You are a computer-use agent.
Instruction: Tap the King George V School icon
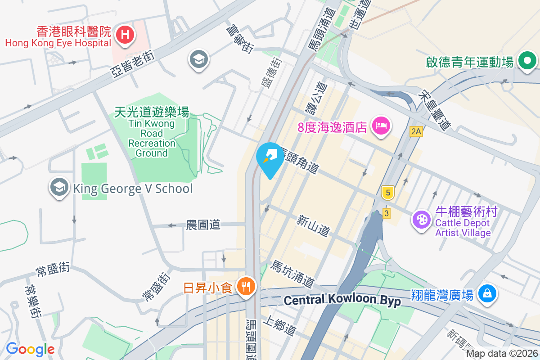(x=59, y=188)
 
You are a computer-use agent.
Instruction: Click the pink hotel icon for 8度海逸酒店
(x=381, y=126)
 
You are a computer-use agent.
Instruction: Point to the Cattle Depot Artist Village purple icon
(x=422, y=220)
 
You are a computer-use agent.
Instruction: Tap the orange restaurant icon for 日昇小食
(x=245, y=286)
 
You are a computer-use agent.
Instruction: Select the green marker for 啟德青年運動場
(x=527, y=61)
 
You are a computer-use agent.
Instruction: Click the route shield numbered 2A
(x=416, y=131)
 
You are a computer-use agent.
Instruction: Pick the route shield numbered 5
(x=387, y=192)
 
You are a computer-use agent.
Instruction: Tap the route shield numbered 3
(x=386, y=213)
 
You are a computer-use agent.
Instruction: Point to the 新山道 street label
(x=313, y=225)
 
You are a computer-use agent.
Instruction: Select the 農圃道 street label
(x=203, y=225)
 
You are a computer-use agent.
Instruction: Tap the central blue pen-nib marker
(x=270, y=157)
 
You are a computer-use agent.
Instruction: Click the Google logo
(x=30, y=349)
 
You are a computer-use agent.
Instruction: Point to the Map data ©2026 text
(x=501, y=354)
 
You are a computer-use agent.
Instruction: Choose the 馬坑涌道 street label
(x=291, y=274)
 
